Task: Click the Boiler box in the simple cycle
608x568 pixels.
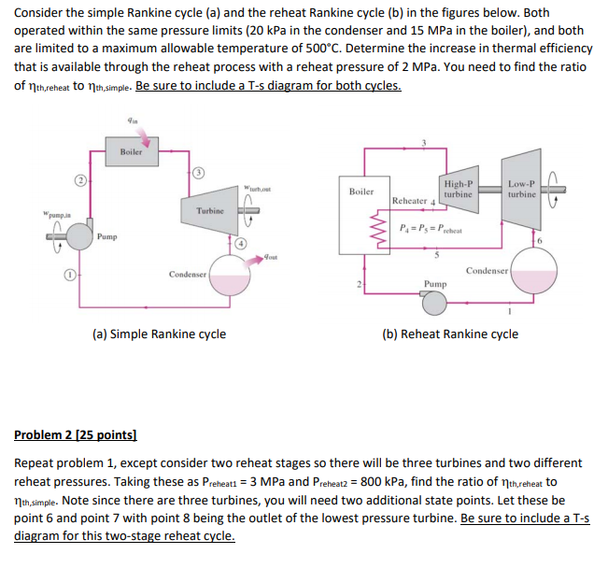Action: pyautogui.click(x=132, y=150)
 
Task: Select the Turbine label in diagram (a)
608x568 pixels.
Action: pyautogui.click(x=210, y=211)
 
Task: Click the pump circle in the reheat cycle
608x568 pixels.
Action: pyautogui.click(x=433, y=300)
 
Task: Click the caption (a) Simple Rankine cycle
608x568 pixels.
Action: pyautogui.click(x=159, y=334)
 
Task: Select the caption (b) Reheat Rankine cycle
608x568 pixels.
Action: pyautogui.click(x=450, y=334)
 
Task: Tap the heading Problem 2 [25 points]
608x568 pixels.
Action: pyautogui.click(x=76, y=435)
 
